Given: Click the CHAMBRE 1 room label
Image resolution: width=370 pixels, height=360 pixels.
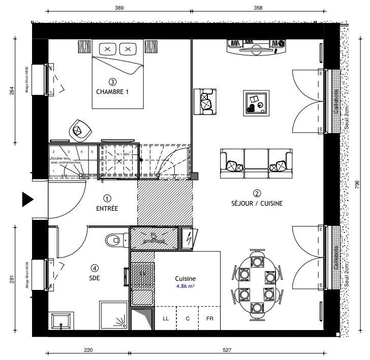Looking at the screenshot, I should coord(112,92).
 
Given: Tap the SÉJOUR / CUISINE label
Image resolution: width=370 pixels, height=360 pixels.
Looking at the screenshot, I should coord(257,203).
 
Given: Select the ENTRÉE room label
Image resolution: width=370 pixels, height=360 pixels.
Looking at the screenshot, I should coord(107,208).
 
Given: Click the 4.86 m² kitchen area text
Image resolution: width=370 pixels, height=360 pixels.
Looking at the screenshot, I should coord(185,286).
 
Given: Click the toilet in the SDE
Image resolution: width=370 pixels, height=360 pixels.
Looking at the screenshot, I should coord(115,239).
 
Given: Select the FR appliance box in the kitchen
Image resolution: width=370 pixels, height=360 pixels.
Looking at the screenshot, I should coord(209,318).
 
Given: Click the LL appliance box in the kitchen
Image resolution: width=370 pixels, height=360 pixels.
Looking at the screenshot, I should coord(166,318).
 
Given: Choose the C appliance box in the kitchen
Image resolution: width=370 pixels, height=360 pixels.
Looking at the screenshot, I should coord(188,318).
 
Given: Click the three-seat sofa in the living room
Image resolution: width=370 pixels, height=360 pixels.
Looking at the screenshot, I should coord(256,163).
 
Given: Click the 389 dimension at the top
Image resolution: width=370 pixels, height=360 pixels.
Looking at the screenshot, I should coord(119,8).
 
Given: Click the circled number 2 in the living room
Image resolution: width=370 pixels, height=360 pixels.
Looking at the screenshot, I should coord(257,193).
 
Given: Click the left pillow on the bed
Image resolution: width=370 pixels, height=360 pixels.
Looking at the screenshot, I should coord(108,49).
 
